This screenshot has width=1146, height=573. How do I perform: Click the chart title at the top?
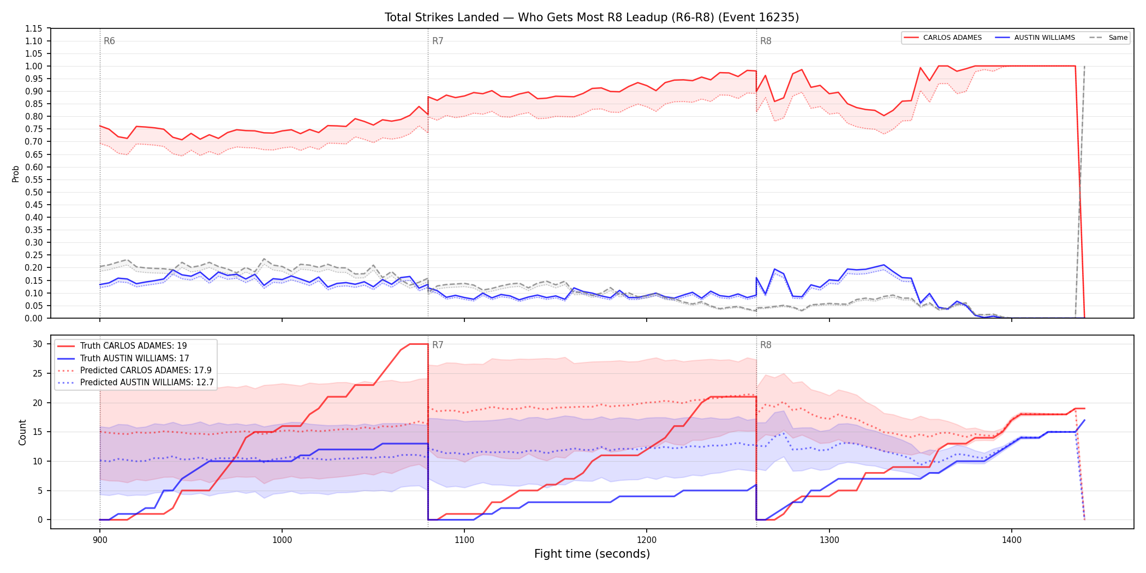pos(592,17)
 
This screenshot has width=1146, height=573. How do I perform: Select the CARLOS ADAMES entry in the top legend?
pos(942,38)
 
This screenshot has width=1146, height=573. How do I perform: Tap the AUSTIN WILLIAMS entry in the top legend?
pos(1035,38)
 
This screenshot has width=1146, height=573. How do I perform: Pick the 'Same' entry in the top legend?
pos(1108,38)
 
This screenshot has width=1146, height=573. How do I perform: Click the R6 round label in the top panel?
pos(109,41)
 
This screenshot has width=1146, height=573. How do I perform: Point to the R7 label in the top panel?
pos(438,41)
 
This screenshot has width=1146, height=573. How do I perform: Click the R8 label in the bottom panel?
pos(766,345)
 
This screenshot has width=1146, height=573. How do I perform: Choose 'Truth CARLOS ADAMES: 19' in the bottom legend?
pos(122,346)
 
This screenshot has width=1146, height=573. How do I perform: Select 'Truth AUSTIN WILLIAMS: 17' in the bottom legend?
pos(123,358)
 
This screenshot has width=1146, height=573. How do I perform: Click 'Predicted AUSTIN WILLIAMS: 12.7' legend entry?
pos(135,382)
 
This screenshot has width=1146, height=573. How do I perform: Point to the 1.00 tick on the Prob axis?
pos(33,66)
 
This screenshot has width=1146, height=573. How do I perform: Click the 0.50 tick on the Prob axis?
pos(33,192)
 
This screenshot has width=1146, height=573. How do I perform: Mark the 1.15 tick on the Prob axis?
pos(33,28)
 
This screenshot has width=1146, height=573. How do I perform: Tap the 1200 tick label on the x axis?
pos(647,540)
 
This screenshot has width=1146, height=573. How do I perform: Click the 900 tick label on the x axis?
pos(100,540)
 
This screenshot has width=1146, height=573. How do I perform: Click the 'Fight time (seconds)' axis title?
pos(592,554)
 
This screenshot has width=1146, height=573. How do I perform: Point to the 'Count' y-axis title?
pos(22,432)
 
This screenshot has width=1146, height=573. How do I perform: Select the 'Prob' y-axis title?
pos(16,174)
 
